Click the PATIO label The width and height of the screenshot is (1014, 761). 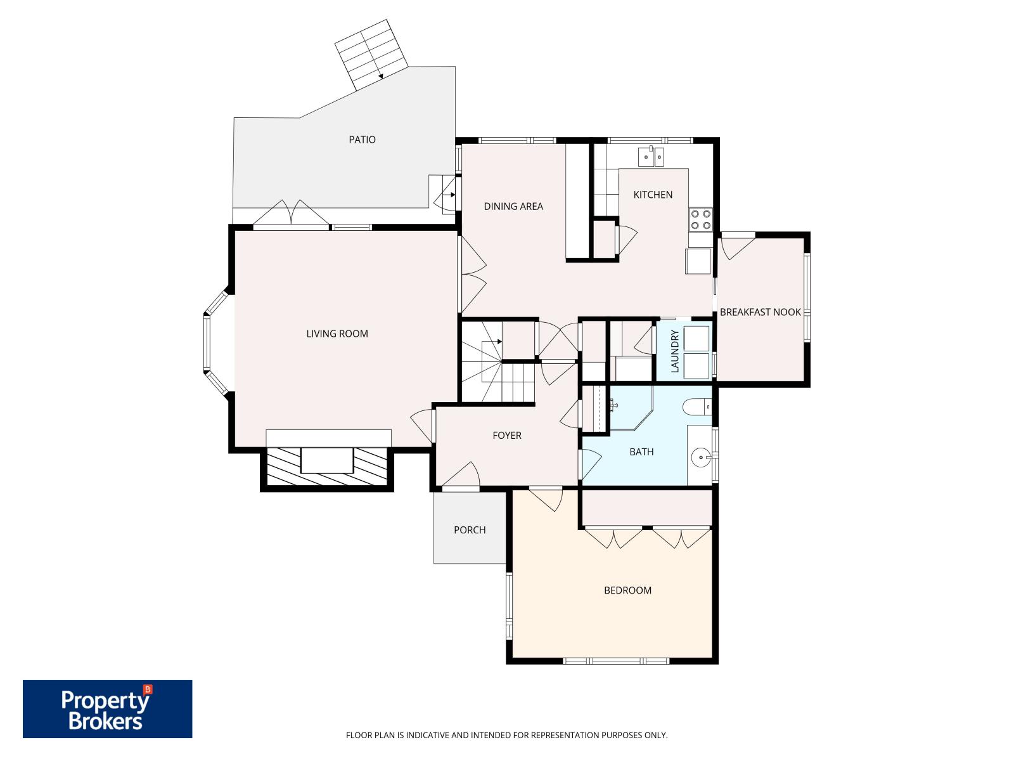tap(362, 140)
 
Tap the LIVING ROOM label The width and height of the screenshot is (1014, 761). tap(337, 334)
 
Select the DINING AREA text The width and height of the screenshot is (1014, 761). tap(513, 206)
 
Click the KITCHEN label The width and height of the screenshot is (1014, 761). tap(653, 195)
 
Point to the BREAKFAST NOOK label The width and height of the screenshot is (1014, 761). tap(760, 312)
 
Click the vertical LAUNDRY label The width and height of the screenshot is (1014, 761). tap(674, 351)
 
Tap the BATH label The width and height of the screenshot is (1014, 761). tap(641, 452)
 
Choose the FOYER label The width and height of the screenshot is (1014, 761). tap(507, 435)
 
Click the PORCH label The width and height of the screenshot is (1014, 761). tap(470, 530)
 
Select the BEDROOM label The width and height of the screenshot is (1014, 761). tap(627, 590)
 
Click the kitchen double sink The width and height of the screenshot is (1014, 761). tap(650, 155)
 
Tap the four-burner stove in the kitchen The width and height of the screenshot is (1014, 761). tap(700, 219)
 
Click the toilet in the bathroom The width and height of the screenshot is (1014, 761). tap(697, 406)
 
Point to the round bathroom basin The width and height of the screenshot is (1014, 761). tap(700, 455)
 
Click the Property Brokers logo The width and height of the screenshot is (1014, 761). tap(107, 709)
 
